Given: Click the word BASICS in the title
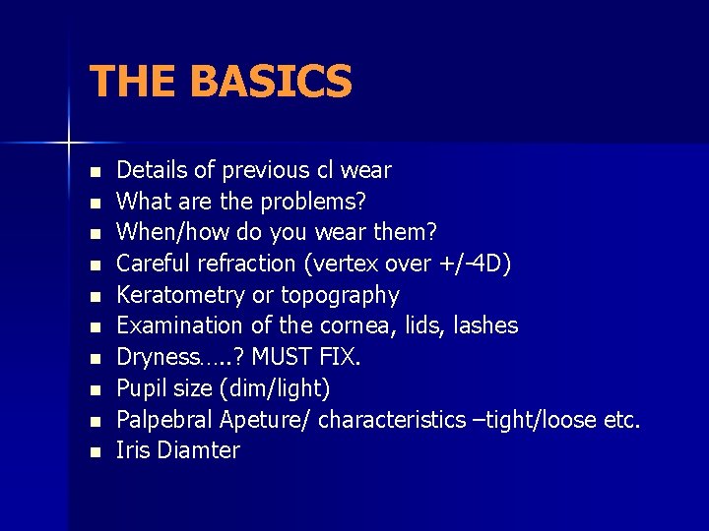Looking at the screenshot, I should coord(271,82).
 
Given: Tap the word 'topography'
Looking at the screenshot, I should coord(340,295).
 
